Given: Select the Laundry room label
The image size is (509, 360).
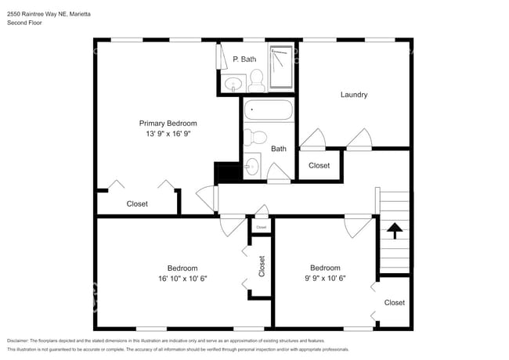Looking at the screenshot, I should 354,95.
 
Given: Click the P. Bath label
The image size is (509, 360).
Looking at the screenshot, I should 244,59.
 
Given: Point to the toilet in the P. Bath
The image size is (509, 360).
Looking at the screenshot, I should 256,80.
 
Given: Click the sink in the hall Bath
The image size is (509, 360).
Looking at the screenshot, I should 251,166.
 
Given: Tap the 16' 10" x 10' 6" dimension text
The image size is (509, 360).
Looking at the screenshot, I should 182,278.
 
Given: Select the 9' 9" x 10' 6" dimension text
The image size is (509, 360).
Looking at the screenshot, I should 324,278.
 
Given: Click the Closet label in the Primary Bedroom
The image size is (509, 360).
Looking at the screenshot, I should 137,203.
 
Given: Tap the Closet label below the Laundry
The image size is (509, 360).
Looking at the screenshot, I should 319,165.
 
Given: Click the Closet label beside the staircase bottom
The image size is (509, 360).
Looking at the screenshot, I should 394,302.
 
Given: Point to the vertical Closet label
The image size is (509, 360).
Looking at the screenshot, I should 262,267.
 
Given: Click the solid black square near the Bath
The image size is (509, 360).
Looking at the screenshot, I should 226,171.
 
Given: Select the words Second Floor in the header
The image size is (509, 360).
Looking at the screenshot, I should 24,23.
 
